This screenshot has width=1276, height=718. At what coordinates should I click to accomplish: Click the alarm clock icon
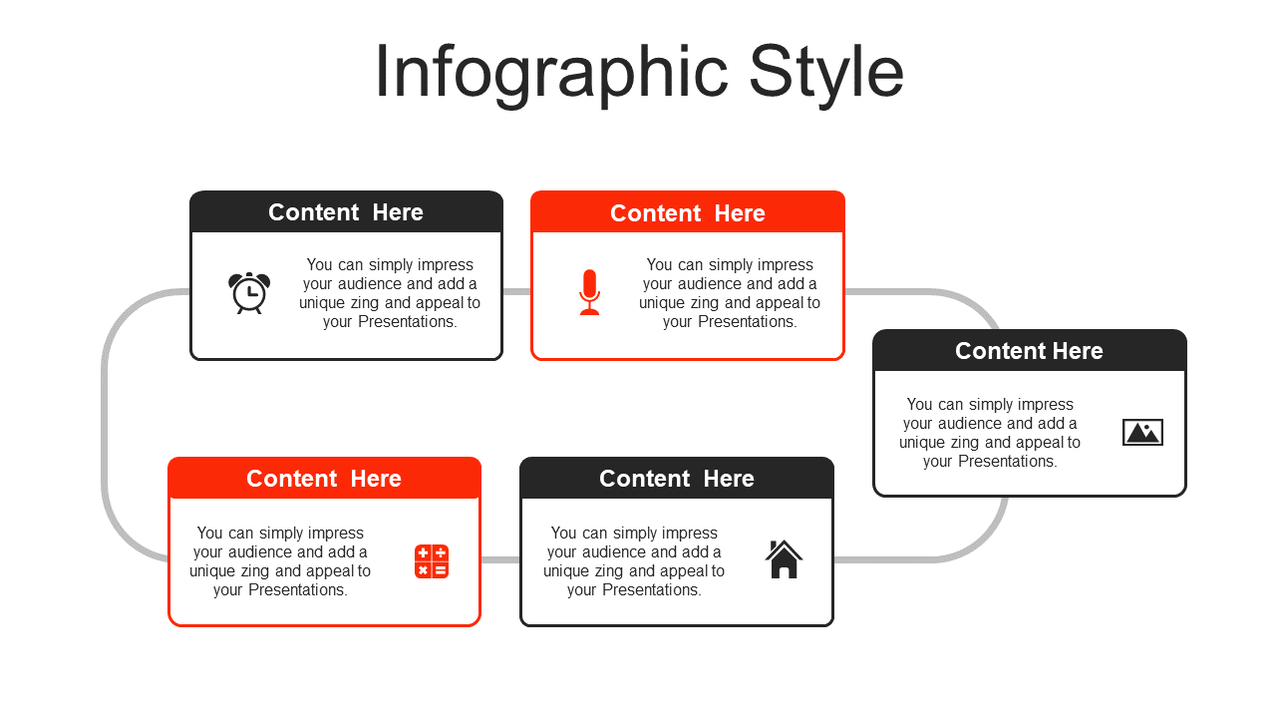(249, 293)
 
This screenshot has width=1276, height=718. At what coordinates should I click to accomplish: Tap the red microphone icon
(589, 292)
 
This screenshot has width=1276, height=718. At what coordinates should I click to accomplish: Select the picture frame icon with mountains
(1142, 432)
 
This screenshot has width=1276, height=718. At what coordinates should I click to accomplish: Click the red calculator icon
(432, 561)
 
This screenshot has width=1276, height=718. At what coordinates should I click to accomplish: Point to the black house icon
(784, 559)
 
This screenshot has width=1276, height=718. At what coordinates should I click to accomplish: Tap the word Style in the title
(826, 73)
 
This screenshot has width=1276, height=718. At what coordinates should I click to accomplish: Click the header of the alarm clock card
(346, 212)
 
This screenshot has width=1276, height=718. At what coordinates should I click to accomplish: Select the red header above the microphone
(687, 212)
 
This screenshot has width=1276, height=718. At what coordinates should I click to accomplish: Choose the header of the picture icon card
(1030, 350)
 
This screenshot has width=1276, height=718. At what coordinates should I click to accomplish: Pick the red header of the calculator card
(324, 478)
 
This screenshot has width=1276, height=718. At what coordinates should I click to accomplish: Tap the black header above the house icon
(677, 478)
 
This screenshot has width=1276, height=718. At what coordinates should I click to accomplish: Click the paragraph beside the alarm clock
(390, 293)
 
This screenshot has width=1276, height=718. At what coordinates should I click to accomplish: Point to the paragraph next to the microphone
(730, 293)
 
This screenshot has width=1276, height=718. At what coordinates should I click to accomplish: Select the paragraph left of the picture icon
(990, 433)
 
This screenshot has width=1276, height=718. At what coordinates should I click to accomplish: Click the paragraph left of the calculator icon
(280, 561)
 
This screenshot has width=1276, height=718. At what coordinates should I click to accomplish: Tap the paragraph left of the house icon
(634, 561)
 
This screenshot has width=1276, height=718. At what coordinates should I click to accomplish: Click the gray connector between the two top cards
(516, 292)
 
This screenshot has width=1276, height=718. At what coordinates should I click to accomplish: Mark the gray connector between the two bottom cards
(500, 559)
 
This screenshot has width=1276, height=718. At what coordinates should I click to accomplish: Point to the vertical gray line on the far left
(105, 426)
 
